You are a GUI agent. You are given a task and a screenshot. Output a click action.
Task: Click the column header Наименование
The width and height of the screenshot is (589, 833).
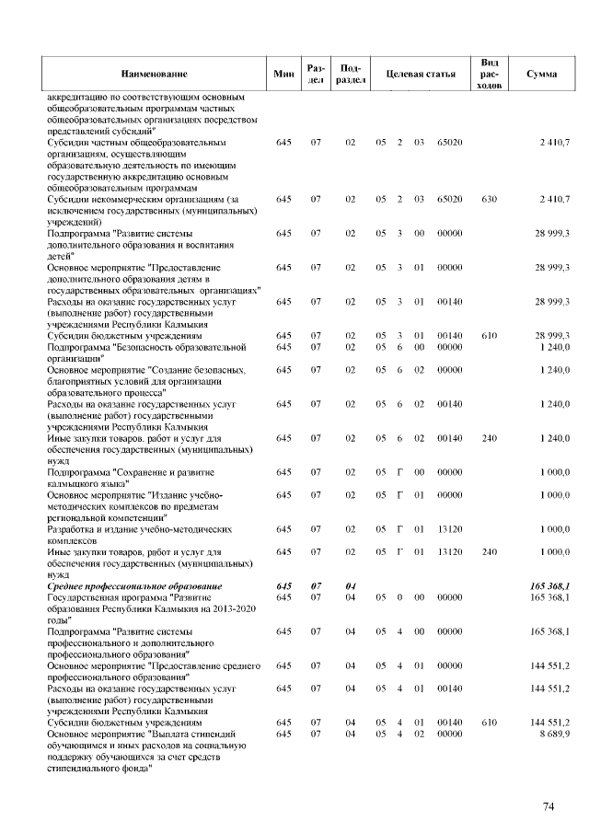point(154,74)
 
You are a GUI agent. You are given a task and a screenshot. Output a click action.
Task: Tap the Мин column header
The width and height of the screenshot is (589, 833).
point(283,74)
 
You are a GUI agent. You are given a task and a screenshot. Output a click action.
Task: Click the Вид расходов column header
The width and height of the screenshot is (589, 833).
point(490,74)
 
